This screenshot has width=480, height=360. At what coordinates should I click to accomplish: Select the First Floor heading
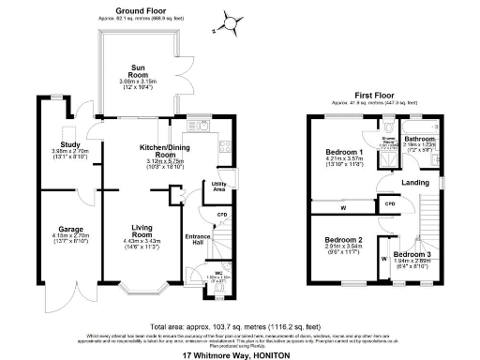(x=373, y=96)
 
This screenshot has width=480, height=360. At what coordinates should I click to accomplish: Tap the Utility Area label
(x=219, y=187)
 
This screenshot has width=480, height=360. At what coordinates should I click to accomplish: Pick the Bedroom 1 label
(x=343, y=152)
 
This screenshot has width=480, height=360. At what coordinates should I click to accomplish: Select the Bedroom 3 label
(x=412, y=255)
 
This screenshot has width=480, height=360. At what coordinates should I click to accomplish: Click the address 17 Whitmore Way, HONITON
(x=239, y=354)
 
